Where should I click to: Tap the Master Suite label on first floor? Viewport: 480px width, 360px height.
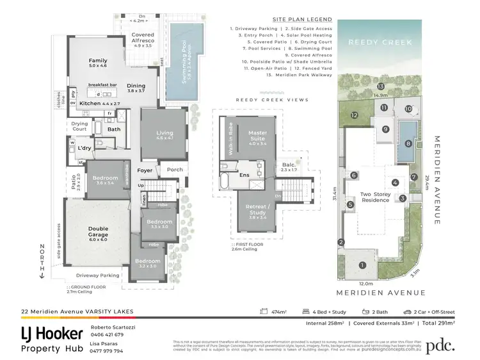257,136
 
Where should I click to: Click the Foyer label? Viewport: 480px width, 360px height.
145,170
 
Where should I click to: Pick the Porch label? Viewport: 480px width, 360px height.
175,170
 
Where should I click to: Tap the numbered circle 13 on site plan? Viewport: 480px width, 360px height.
380,86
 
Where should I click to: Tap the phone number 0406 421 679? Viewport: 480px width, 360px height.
108,335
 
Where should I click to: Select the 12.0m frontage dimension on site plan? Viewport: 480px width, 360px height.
365,282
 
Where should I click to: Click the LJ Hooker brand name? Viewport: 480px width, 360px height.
52,333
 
